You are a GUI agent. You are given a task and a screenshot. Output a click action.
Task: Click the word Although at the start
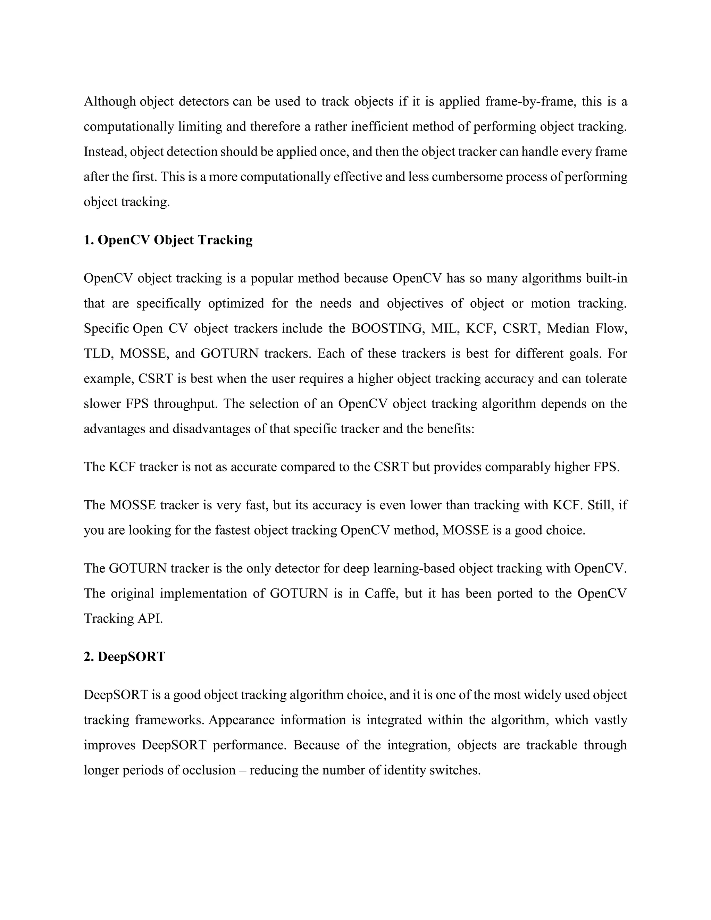click(x=109, y=102)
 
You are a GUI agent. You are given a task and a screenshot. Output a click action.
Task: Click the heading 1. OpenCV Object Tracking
click(x=168, y=240)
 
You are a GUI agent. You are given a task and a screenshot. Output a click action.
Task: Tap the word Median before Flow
click(x=567, y=328)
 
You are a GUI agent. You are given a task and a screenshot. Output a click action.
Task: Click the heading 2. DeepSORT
click(x=125, y=657)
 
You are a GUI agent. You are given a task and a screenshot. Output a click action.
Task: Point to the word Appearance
click(x=241, y=720)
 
